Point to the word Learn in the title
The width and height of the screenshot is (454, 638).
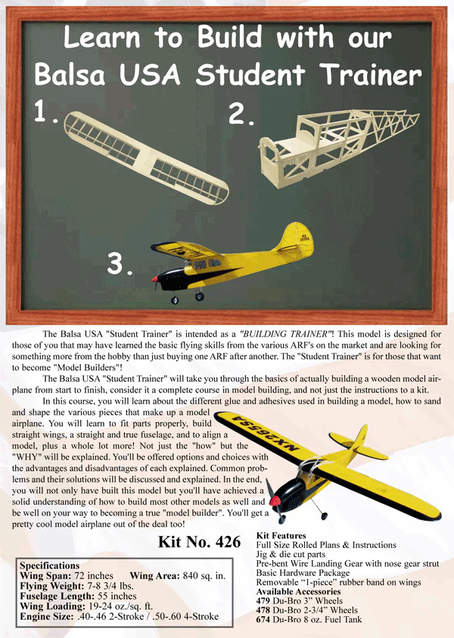coord(102,38)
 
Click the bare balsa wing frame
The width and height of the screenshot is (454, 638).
coord(147,158)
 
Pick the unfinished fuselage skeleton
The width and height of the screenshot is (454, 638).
coord(339,147)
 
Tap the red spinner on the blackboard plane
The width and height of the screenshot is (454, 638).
coord(154,279)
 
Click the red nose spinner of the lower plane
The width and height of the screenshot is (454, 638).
coord(275,500)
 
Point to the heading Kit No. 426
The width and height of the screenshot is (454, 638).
coord(199,542)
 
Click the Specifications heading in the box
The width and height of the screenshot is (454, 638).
coord(50,565)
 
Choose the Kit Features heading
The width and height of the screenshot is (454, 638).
coord(281,535)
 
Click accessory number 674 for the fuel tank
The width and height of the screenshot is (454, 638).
coord(263,620)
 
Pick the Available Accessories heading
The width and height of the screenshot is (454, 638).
coord(298,592)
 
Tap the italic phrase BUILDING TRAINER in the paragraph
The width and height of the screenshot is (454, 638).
coord(285,334)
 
